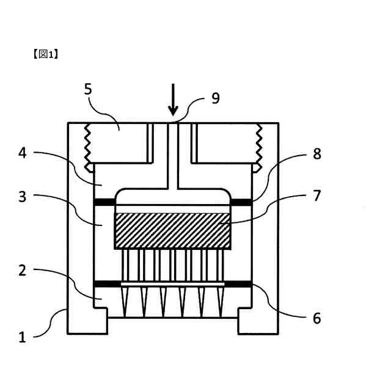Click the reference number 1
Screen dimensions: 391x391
tap(23, 337)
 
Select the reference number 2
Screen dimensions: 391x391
tap(23, 270)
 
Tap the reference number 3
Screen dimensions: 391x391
tap(23, 197)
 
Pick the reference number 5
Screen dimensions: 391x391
tap(88, 89)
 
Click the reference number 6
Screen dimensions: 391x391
tap(316, 318)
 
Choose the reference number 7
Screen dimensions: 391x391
tap(316, 195)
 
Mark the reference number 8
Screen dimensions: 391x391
tap(316, 153)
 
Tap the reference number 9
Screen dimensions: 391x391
tap(215, 98)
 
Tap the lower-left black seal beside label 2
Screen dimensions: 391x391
tap(105, 284)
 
